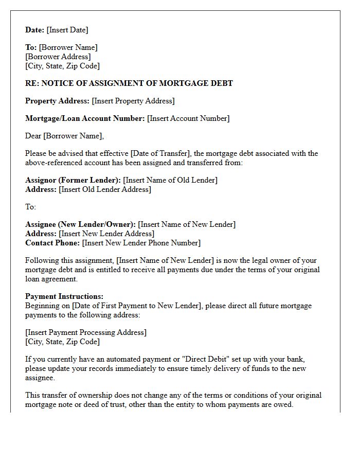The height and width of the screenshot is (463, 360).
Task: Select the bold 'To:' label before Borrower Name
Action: point(31,47)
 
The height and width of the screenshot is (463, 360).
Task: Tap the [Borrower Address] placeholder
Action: point(58,57)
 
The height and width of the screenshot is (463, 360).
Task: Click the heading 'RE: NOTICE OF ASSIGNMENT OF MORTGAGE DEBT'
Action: point(129,83)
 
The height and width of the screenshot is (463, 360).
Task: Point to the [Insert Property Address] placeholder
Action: point(133,101)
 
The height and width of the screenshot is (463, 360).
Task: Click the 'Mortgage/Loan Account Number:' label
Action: point(85,118)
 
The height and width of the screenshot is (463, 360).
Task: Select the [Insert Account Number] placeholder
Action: point(188,118)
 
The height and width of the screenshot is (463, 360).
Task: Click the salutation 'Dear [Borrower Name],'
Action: point(64,136)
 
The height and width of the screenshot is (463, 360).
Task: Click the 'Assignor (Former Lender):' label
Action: point(73,180)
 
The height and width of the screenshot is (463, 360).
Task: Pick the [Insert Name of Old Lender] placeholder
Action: point(170,180)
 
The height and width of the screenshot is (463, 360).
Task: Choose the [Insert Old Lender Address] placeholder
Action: point(105,189)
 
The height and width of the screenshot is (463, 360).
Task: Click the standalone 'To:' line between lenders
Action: point(31,207)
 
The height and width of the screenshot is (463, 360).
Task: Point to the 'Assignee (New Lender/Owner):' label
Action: point(81,224)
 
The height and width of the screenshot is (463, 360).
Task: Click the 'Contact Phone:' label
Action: point(52,243)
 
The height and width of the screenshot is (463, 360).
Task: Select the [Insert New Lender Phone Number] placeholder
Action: point(141,243)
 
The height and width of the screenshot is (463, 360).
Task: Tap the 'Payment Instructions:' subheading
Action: point(64,296)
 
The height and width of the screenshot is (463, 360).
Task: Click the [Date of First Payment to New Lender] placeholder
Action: point(136,306)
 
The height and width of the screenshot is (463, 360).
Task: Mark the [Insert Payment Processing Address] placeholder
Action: point(86,332)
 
